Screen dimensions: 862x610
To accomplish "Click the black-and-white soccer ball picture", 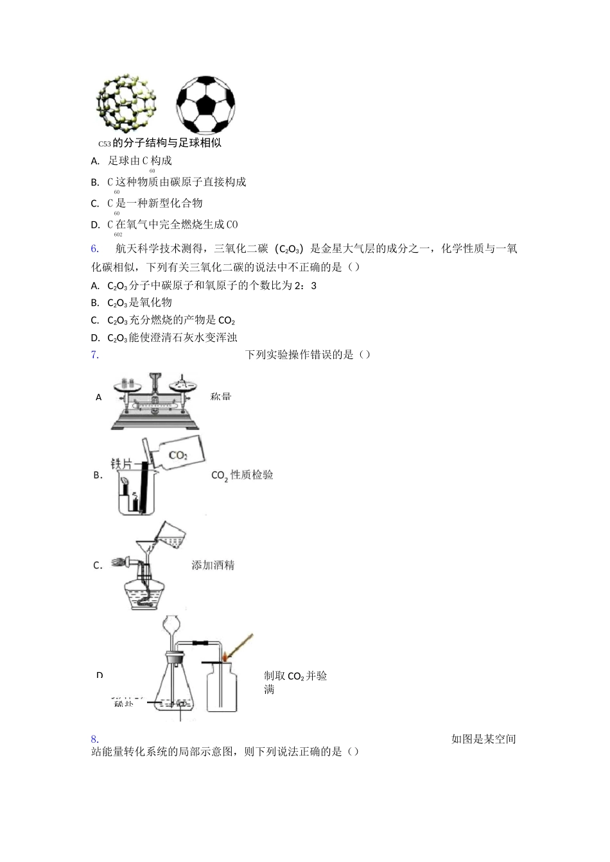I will coord(205,105).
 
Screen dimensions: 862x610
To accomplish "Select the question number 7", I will coord(94,355).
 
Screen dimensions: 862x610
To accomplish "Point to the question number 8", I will coord(94,739).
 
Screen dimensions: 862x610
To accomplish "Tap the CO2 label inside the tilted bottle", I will coord(178,455).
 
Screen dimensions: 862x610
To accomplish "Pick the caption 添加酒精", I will coord(213,565).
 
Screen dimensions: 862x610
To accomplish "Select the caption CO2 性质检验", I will coord(242,475).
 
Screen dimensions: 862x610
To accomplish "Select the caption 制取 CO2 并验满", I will coord(295,682).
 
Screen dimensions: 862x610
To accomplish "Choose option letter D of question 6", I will coord(95,338).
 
